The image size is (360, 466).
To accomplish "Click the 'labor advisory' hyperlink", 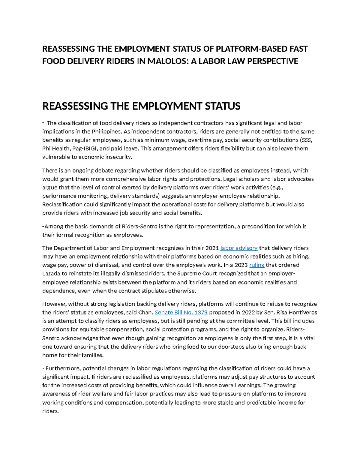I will click(239, 248).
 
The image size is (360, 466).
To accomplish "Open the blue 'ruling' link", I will click(257, 265).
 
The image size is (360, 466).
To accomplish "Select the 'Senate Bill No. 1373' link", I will click(181, 312).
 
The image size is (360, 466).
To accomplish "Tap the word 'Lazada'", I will click(51, 274).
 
